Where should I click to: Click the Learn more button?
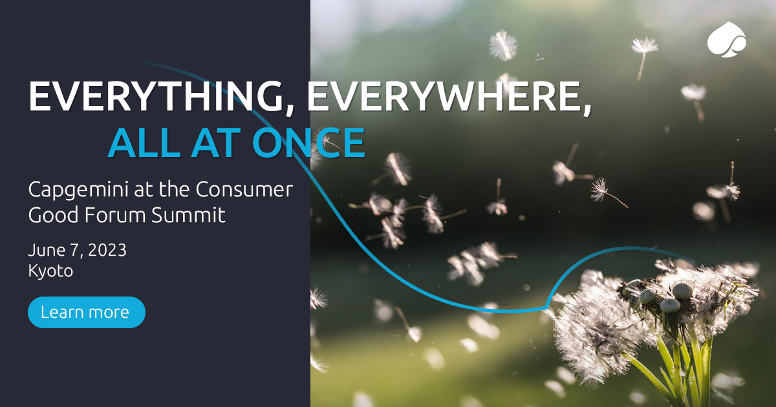(x=87, y=313)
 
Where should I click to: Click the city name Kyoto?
(x=50, y=271)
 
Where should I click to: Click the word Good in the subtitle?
(x=50, y=215)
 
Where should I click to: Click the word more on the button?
(x=109, y=313)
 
